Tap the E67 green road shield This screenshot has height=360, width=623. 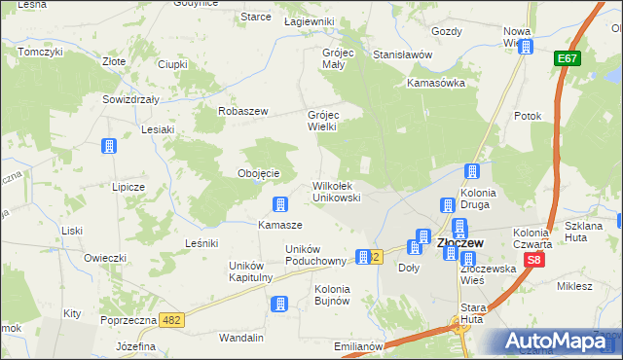pyautogui.click(x=568, y=60)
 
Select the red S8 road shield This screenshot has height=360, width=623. pyautogui.click(x=533, y=261)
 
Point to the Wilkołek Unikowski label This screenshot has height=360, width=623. pyautogui.click(x=337, y=191)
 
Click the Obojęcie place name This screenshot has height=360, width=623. pyautogui.click(x=259, y=173)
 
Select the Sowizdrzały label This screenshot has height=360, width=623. pyautogui.click(x=130, y=99)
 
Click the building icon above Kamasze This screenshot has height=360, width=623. pyautogui.click(x=280, y=204)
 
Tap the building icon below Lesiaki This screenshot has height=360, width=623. pyautogui.click(x=109, y=147)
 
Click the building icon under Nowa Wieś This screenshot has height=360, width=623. pyautogui.click(x=526, y=47)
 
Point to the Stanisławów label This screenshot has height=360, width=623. pyautogui.click(x=402, y=55)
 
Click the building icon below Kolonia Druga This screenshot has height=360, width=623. pyautogui.click(x=447, y=205)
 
